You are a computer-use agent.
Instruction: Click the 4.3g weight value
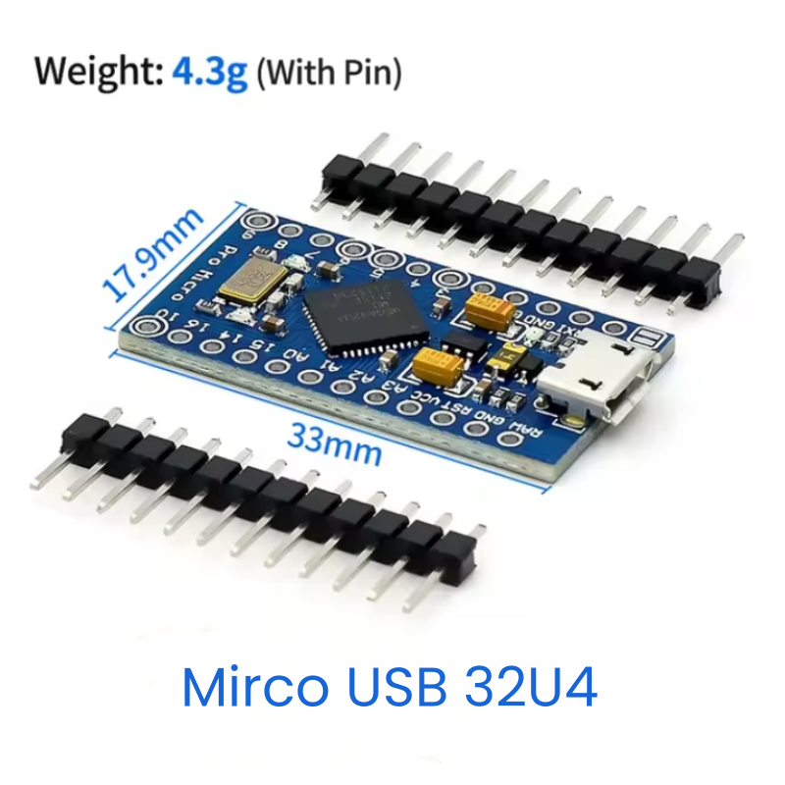pos(209,74)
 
